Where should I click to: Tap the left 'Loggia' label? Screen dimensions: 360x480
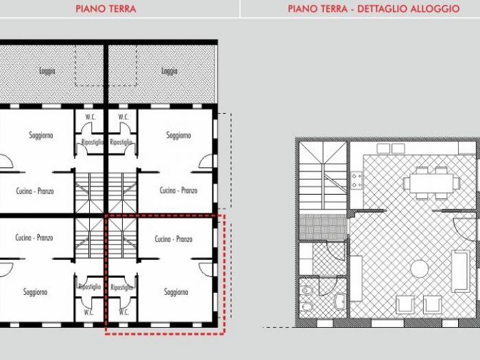(47, 71)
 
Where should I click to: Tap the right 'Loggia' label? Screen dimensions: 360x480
(169, 71)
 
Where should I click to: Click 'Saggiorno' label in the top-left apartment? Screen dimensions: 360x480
(41, 135)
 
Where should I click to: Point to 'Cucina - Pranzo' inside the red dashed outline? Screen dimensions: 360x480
(173, 239)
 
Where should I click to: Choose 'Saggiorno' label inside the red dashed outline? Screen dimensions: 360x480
(176, 292)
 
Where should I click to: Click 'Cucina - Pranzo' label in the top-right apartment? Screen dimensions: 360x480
(178, 191)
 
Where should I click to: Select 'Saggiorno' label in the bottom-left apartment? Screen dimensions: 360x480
(36, 292)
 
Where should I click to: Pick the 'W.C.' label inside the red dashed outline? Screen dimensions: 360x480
(123, 311)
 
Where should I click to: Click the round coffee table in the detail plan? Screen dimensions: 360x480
(419, 268)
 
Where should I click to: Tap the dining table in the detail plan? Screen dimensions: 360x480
(431, 183)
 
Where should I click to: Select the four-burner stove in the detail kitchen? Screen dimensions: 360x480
(357, 180)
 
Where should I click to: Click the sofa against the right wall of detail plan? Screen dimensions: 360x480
(460, 268)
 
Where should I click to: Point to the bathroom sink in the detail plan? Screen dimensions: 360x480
(341, 300)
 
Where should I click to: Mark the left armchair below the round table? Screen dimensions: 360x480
(406, 304)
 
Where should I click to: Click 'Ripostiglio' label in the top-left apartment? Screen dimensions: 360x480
(92, 142)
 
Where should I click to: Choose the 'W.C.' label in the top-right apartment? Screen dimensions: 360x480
(123, 117)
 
